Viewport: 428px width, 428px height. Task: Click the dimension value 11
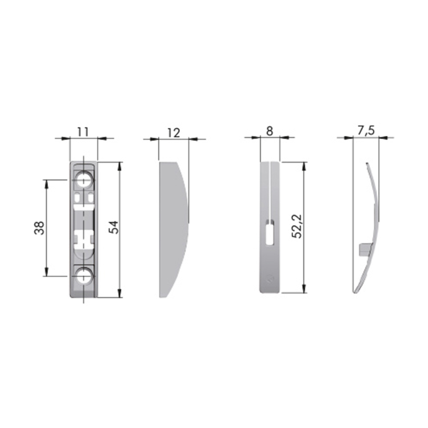83,132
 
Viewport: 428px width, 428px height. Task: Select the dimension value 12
173,133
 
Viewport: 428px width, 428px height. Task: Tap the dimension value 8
270,131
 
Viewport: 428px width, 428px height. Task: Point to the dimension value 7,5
366,131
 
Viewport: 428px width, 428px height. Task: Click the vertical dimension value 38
39,228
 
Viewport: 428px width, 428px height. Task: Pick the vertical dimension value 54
114,227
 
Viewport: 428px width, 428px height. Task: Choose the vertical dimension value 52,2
297,226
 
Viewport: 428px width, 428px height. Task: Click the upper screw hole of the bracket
84,180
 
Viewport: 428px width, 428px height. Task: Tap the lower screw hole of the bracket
84,276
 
